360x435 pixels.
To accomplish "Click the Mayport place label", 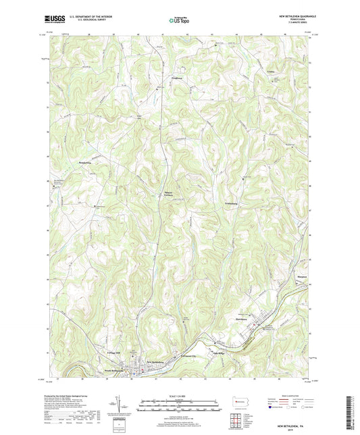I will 303,276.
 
